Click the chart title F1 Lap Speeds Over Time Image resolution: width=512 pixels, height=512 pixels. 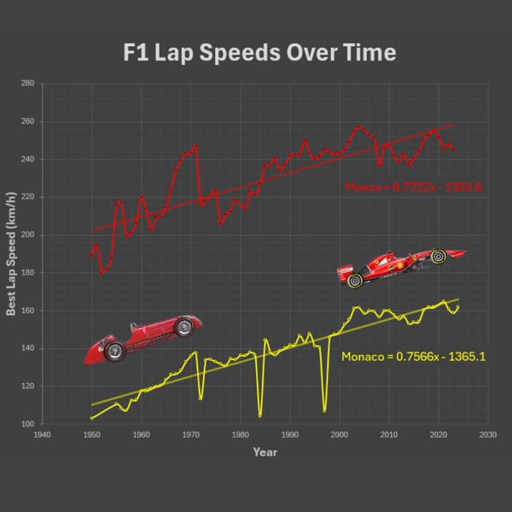(x=256, y=53)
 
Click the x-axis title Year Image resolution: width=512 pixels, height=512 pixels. (x=265, y=451)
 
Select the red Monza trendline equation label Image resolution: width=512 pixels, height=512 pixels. (x=413, y=187)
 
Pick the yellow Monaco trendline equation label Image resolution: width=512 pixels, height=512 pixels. (x=413, y=357)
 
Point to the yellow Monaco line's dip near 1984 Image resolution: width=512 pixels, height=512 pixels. (x=260, y=416)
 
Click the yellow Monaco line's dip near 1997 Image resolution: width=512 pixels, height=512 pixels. (x=324, y=411)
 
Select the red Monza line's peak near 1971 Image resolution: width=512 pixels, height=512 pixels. (x=195, y=145)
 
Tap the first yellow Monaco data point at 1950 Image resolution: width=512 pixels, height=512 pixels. (x=91, y=418)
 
